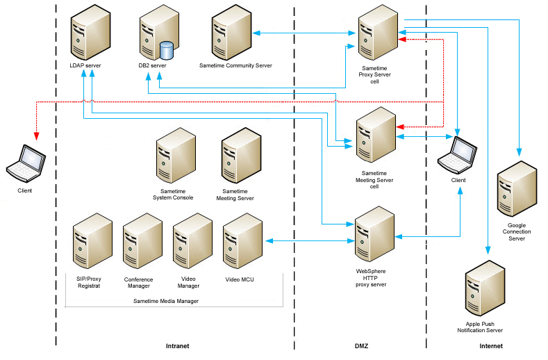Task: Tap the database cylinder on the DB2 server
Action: click(166, 51)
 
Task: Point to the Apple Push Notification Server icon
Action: click(485, 288)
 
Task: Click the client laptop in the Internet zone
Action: click(458, 155)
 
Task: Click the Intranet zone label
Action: click(178, 345)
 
